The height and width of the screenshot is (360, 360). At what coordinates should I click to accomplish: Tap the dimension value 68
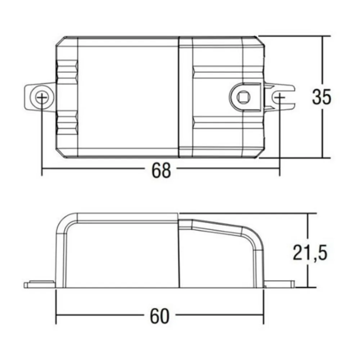point(161,170)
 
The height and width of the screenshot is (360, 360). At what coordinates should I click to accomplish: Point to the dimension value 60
point(159,316)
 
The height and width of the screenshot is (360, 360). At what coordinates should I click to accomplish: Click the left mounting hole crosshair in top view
point(42,97)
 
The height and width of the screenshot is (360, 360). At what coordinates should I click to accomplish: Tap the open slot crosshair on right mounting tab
point(279,97)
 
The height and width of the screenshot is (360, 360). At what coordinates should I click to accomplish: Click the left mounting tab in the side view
point(40,284)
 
